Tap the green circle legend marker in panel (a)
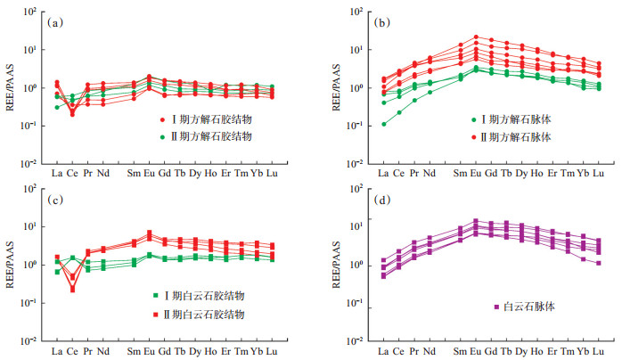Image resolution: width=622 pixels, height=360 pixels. tap(163, 137)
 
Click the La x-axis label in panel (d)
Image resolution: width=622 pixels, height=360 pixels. tap(383, 350)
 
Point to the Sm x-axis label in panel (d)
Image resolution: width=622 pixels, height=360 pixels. tap(461, 350)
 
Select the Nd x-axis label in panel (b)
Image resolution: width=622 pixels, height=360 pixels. tap(430, 173)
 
